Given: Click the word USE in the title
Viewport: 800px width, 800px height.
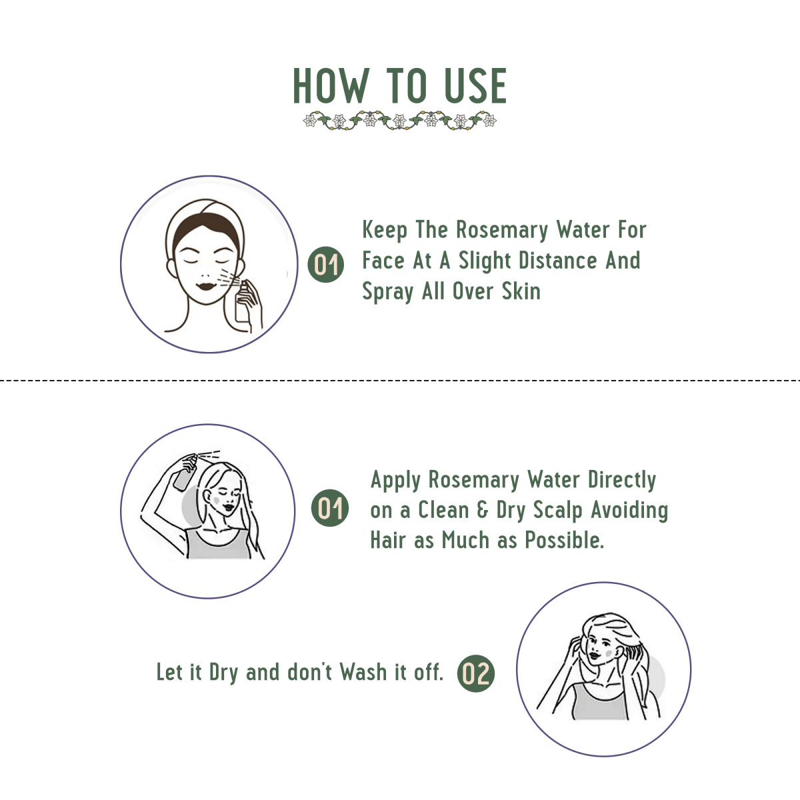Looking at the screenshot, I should coord(475,86).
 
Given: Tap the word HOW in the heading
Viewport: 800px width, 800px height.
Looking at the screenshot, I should coord(331,86).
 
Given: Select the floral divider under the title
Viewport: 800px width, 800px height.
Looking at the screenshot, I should coord(400,121).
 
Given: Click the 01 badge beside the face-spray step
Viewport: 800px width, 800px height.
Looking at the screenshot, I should coord(326,265).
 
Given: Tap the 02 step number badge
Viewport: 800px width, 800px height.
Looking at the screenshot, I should coord(476,673).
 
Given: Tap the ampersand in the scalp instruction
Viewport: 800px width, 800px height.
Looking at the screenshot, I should coord(483,511).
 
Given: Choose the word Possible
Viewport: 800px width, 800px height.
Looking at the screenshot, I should coord(564,540).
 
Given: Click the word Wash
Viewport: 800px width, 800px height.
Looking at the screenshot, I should coord(364,672).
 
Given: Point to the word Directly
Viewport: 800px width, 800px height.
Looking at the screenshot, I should coord(622,480).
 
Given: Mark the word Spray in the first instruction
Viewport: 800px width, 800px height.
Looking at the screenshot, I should coord(387,292).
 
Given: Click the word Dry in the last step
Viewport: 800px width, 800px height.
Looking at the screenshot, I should coord(223,673).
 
